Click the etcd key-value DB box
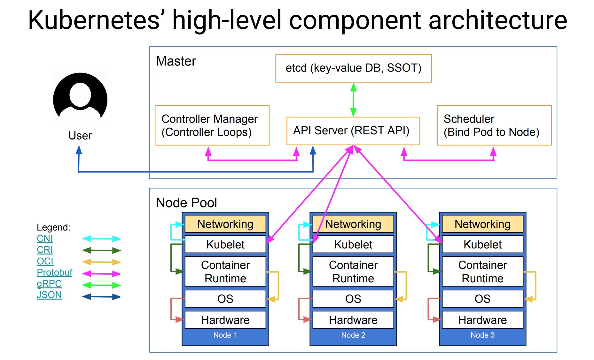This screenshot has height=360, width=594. point(353,68)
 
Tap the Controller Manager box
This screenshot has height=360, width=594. point(212,125)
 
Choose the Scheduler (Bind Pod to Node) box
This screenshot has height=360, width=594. point(494,125)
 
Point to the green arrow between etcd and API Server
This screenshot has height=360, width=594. point(353,99)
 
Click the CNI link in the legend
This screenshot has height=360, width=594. point(45,239)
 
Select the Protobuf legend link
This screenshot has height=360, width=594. point(54,272)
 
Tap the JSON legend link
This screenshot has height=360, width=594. point(49,295)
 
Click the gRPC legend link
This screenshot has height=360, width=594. point(49,284)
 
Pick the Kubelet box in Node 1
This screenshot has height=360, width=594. point(225,245)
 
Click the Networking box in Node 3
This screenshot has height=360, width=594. point(482,224)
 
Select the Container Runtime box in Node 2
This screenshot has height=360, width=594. point(353,271)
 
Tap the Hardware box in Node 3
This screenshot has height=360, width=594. point(482,320)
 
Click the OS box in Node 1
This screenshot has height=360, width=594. point(225,299)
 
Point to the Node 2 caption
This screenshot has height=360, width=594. point(353,335)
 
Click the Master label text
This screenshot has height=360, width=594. point(176,61)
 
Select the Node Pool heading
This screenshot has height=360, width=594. point(186,203)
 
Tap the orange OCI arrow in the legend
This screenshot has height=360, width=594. point(102,262)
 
